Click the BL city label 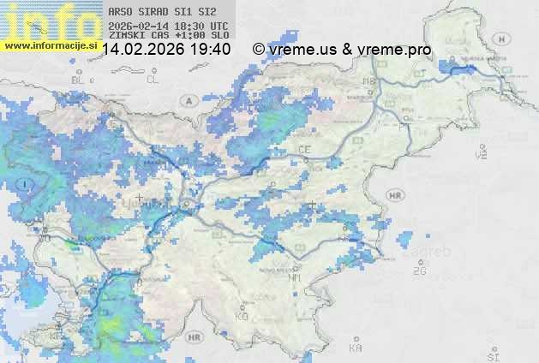[79, 79]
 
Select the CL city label [153, 79]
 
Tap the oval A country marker [188, 100]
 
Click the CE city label [305, 149]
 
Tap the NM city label [295, 277]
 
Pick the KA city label [355, 348]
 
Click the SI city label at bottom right [491, 354]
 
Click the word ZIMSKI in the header [125, 36]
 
